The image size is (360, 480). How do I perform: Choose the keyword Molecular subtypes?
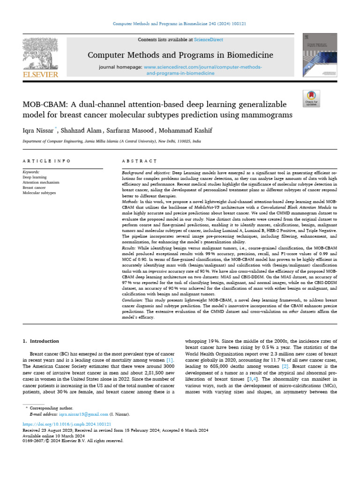[x=39, y=193]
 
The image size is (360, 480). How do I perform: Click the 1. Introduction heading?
[x=41, y=341]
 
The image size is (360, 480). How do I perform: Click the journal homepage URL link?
[x=203, y=67]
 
